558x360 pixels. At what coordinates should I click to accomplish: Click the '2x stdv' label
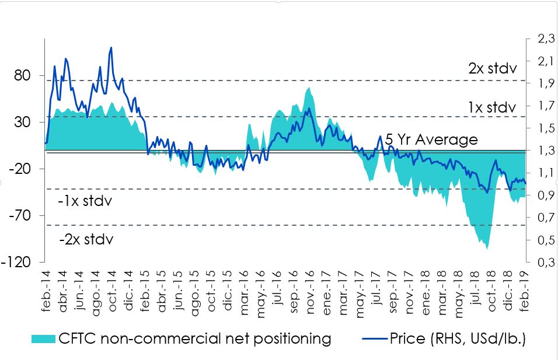click(492, 68)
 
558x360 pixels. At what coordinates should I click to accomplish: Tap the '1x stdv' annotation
click(492, 107)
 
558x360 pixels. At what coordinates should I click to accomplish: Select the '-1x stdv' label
click(85, 202)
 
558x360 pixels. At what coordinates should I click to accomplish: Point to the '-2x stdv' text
click(85, 239)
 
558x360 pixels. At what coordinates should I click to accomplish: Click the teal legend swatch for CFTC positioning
click(42, 339)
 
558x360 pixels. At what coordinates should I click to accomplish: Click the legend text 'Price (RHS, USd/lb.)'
click(458, 339)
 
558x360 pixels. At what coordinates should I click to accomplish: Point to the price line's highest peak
click(111, 48)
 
